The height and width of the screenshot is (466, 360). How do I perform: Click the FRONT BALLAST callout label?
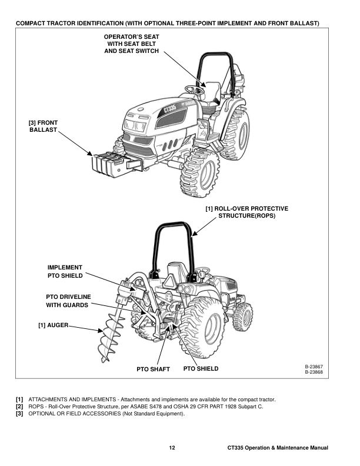click(x=43, y=126)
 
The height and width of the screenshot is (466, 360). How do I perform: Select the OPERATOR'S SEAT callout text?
click(x=131, y=44)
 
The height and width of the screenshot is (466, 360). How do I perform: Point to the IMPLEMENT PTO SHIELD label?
click(x=65, y=271)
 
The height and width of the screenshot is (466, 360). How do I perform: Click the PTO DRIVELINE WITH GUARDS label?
click(x=67, y=300)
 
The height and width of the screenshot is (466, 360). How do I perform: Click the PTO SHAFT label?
click(x=153, y=370)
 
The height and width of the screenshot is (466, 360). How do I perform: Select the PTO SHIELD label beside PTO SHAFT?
click(x=201, y=369)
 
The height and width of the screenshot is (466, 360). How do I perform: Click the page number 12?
click(x=172, y=448)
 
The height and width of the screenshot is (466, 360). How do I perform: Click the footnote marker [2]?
click(x=20, y=407)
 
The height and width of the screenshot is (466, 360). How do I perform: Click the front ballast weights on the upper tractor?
click(x=106, y=164)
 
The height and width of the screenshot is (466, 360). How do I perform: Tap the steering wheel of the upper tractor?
click(x=195, y=88)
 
